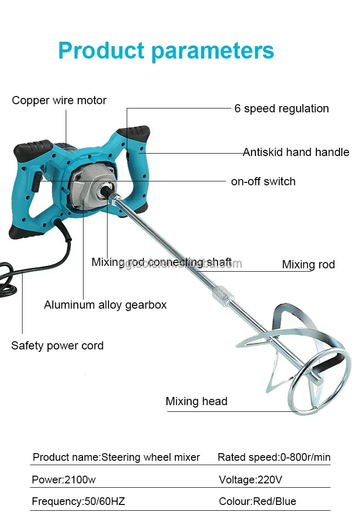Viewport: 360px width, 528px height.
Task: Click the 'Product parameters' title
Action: tap(166, 50)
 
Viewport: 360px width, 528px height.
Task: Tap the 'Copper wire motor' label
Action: tap(59, 100)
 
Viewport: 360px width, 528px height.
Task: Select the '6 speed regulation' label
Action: tap(281, 108)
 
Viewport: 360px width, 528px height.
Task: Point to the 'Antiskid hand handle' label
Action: tap(296, 152)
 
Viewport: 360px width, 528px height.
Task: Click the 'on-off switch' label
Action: tap(263, 181)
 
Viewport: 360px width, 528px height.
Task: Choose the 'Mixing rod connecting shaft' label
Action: tap(161, 262)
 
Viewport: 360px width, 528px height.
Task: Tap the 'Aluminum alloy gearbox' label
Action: tap(105, 305)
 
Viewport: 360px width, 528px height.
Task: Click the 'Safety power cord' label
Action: tap(57, 346)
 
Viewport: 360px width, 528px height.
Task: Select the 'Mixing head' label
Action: tap(196, 401)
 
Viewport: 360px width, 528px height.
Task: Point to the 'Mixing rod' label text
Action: tap(308, 264)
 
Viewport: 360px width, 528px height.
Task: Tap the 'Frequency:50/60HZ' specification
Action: tap(78, 502)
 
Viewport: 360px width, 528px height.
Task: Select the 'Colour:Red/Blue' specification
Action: tap(257, 502)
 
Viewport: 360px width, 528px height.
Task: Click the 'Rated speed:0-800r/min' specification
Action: tap(274, 457)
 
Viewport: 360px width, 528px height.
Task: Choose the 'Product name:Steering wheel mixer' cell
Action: tap(116, 457)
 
